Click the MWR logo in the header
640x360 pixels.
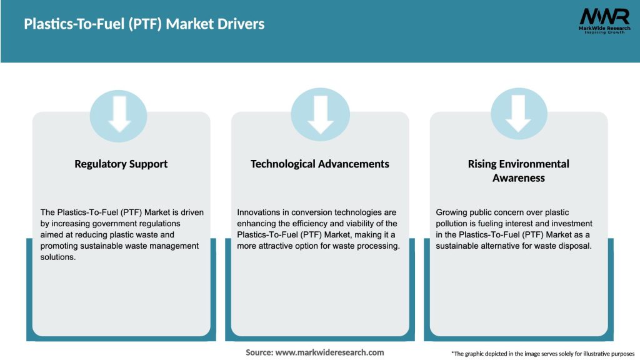(604, 21)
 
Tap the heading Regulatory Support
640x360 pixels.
(121, 164)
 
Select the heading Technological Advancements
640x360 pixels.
(319, 164)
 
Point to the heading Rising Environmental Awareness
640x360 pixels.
(518, 171)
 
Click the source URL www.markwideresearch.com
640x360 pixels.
(329, 352)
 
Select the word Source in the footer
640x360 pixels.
(259, 352)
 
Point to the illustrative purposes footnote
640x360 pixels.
(542, 354)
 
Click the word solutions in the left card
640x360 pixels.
(58, 257)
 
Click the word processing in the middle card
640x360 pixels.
(377, 246)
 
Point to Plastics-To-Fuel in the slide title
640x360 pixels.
(69, 24)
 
